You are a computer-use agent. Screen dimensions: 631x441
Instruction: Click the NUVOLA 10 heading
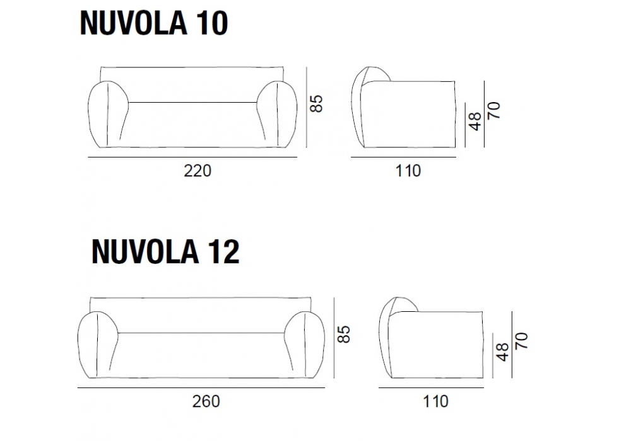[154, 23]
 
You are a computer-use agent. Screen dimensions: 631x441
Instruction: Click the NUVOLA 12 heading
[165, 252]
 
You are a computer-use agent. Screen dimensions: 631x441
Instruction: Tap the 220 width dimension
[197, 171]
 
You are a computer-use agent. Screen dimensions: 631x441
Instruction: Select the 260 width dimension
[206, 401]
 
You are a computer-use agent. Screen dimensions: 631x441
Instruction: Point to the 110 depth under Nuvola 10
[408, 171]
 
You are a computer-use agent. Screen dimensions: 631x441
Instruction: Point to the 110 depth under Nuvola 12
[435, 401]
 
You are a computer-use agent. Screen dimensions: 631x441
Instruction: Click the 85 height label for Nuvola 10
[317, 103]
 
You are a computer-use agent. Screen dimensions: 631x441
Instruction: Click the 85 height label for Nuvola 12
[344, 334]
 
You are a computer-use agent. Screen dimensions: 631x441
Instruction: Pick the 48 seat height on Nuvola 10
[475, 122]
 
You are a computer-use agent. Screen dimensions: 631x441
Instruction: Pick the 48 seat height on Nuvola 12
[503, 352]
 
